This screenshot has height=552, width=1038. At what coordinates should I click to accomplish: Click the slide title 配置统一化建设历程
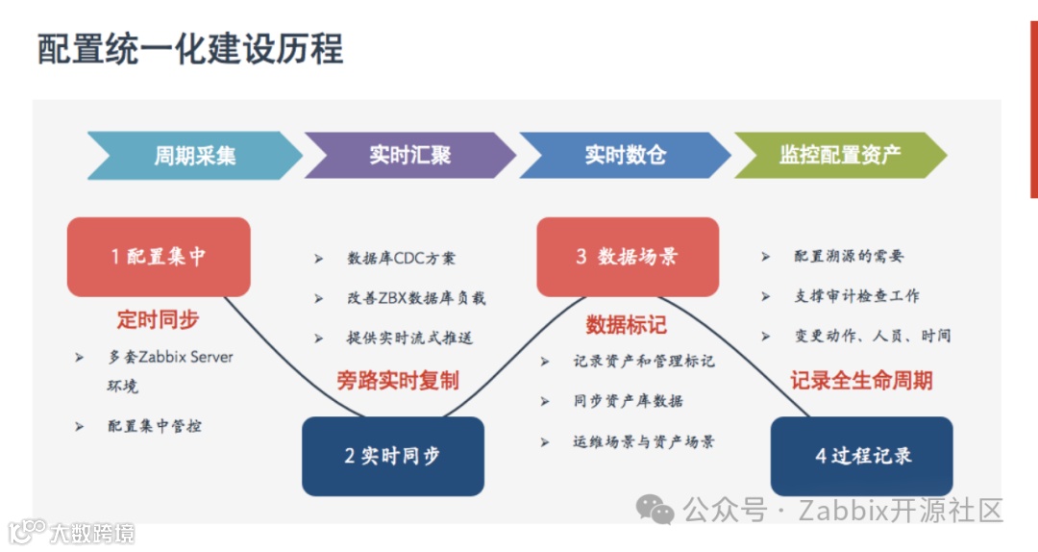point(190,48)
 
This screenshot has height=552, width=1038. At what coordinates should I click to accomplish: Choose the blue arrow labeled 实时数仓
point(626,155)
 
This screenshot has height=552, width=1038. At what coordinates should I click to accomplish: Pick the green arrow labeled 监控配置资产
point(840,155)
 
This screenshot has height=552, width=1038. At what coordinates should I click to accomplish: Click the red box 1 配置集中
point(159,257)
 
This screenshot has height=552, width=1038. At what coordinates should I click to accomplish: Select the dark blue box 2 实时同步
point(392,456)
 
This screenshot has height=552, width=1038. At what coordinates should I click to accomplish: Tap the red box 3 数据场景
point(627,257)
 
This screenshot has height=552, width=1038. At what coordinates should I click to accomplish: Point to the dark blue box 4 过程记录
point(862,456)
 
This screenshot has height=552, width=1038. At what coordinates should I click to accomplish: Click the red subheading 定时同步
point(159,319)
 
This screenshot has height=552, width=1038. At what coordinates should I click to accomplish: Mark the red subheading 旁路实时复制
point(397,381)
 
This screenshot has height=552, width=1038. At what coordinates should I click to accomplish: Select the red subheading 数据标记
point(626,325)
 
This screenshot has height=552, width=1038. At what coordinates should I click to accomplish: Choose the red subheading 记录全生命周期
point(861,381)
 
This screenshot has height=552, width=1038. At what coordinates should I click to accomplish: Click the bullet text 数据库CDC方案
point(402,258)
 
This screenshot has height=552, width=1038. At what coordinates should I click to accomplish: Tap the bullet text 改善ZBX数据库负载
point(416,298)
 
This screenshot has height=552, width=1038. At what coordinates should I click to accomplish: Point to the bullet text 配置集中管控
point(155,426)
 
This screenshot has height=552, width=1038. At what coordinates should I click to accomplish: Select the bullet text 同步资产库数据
point(629,402)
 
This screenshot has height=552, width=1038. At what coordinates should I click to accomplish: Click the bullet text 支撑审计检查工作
point(856,296)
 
